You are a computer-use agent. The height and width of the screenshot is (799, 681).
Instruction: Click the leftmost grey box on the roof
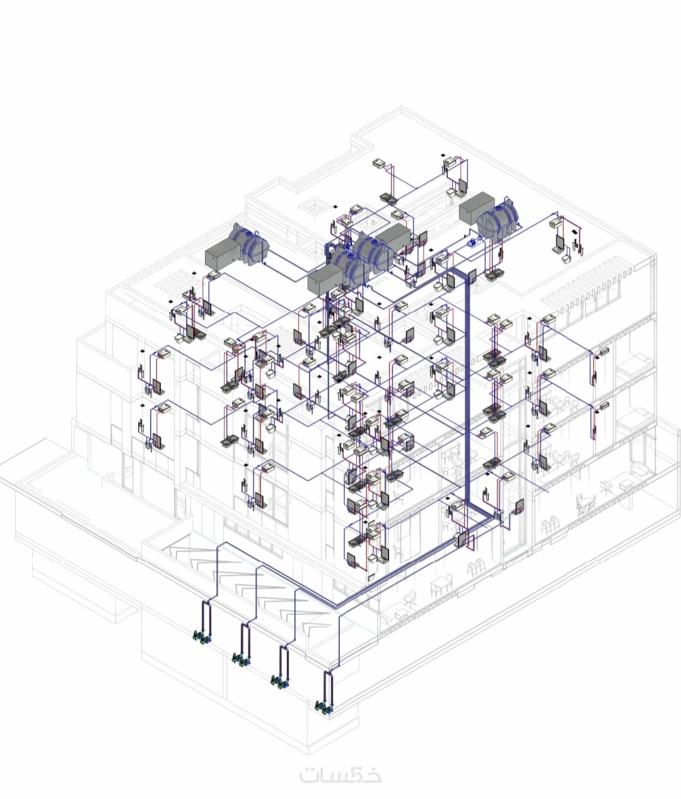223,253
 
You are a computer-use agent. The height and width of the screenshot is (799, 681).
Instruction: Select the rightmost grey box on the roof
477,208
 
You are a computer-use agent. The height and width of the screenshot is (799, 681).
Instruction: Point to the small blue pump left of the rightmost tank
472,243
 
